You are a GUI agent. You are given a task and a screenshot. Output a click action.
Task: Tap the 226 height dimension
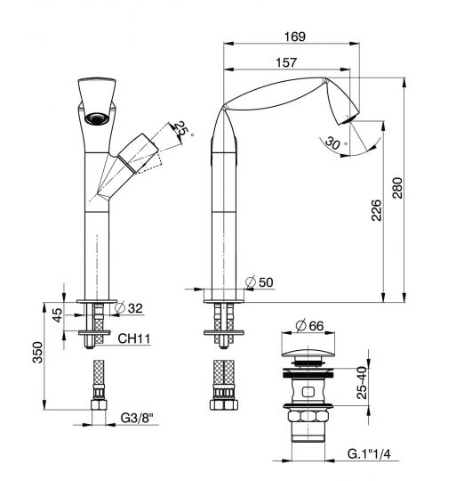click(x=376, y=210)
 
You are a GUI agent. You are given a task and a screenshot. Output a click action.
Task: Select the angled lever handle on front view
click(x=140, y=151)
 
